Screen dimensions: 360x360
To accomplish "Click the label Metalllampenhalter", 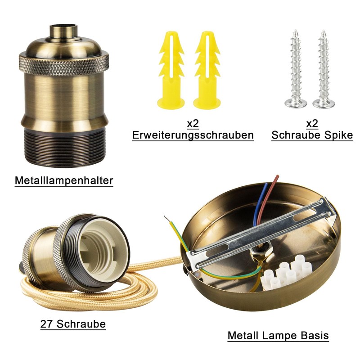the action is click(x=64, y=180).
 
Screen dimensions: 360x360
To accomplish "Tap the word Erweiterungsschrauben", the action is click(x=193, y=135).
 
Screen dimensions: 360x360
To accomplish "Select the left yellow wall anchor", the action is click(x=171, y=70).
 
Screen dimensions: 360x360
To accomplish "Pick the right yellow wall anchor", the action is click(x=207, y=70).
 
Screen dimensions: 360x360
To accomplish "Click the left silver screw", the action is click(x=296, y=69).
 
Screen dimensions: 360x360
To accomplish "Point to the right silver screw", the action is click(x=324, y=69).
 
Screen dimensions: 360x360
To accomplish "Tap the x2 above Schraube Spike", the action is click(x=312, y=123).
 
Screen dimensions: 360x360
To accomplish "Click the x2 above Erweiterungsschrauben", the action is click(x=193, y=123).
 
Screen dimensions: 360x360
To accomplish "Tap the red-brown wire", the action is click(x=267, y=199).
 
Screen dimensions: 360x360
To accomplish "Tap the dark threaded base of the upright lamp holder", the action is click(x=64, y=147).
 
